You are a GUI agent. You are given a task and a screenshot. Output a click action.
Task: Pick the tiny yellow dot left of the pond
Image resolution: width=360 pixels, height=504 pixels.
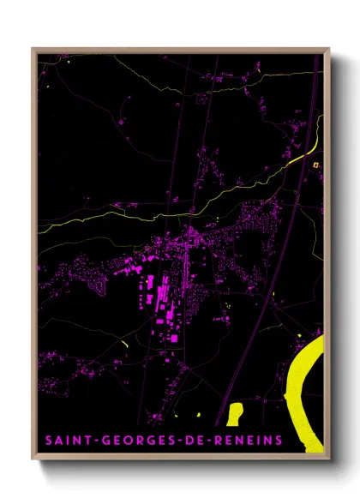coord(199,416)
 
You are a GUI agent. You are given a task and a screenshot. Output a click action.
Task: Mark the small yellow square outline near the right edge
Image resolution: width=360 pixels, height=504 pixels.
coord(315,164)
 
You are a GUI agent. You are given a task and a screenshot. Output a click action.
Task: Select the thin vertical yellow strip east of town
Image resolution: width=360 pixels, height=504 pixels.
coord(274,303)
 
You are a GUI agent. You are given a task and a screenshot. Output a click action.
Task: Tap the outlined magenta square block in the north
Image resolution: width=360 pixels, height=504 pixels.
coord(203,99)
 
